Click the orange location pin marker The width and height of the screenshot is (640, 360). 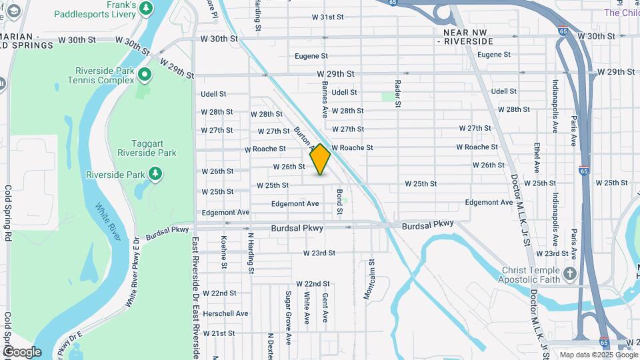coord(320,159)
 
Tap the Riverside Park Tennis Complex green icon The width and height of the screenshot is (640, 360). coord(143,72)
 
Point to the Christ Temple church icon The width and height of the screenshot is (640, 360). coord(569,273)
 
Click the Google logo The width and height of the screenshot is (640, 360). coord(22,352)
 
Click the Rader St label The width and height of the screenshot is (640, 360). coord(397,94)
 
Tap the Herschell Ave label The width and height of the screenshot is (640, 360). coord(225,313)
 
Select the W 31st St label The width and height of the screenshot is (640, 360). coord(327,17)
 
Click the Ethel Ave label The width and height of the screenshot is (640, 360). coord(536,157)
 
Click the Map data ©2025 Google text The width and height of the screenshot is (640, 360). coord(597,355)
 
